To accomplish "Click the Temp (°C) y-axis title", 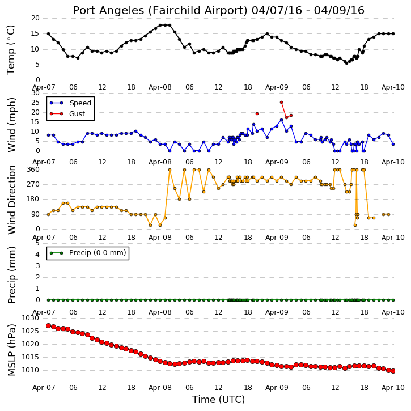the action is pyautogui.click(x=11, y=49).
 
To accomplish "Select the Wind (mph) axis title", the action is pyautogui.click(x=11, y=125).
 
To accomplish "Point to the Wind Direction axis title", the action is pyautogui.click(x=11, y=200).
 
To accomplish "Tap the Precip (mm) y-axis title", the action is pyautogui.click(x=11, y=275).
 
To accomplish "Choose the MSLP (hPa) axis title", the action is pyautogui.click(x=11, y=350).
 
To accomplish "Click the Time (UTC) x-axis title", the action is pyautogui.click(x=218, y=400).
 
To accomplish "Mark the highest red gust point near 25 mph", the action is pyautogui.click(x=282, y=103).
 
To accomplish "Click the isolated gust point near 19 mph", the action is pyautogui.click(x=257, y=114).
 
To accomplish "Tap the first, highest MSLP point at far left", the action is pyautogui.click(x=49, y=325).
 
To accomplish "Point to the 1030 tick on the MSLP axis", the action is pyautogui.click(x=31, y=318).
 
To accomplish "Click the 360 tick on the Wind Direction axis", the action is pyautogui.click(x=33, y=170).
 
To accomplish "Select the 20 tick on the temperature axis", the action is pyautogui.click(x=35, y=18).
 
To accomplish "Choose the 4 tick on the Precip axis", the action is pyautogui.click(x=37, y=255).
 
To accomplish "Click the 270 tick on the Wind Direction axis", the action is pyautogui.click(x=33, y=184).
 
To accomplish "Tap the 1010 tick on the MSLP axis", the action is pyautogui.click(x=31, y=370).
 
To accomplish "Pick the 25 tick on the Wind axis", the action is pyautogui.click(x=35, y=103).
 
